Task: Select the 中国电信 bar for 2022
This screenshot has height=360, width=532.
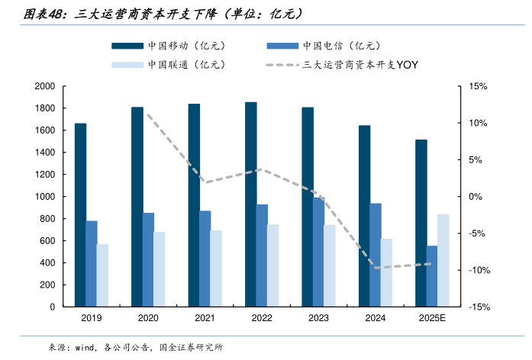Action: pos(262,256)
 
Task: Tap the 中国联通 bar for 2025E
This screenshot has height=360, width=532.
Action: pos(443,260)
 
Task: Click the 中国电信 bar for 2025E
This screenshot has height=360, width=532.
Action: pos(432,276)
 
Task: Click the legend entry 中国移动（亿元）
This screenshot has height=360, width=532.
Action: pos(180,46)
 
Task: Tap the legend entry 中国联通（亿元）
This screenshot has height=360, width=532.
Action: pos(180,65)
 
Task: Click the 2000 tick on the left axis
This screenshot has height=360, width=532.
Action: pos(45,86)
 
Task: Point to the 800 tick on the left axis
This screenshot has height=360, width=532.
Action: pos(48,219)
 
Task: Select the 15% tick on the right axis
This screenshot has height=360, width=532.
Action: pos(478,86)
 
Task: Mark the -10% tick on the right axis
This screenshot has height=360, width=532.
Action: pos(478,270)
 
